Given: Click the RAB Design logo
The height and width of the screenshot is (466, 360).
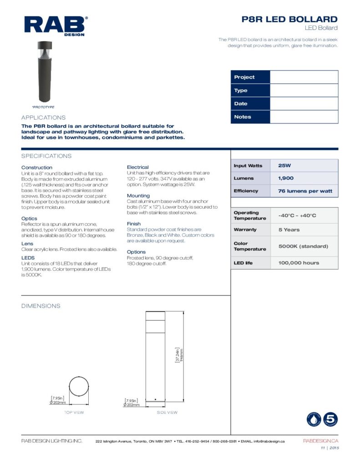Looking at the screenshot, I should (56, 25).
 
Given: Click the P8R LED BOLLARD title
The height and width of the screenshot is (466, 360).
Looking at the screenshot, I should (289, 19).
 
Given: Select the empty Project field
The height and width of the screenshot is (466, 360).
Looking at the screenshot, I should (304, 77).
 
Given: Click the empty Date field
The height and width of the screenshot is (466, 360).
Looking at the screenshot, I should (304, 104).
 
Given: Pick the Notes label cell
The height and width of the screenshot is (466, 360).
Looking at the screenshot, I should (250, 117).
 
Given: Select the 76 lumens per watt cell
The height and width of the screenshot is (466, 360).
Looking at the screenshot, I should (304, 191).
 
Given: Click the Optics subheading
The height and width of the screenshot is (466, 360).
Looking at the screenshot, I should (29, 219).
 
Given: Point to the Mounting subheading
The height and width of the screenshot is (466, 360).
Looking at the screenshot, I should (138, 196).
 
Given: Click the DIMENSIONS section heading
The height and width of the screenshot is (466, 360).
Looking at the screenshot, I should (41, 306).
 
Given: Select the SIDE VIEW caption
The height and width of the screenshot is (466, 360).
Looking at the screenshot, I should (167, 413).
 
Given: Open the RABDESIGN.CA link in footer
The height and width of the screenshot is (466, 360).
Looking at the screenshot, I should (320, 441).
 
